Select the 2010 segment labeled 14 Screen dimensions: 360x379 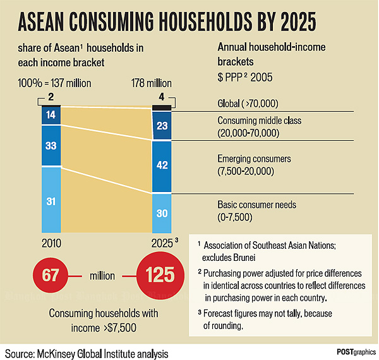pyautogui.click(x=51, y=115)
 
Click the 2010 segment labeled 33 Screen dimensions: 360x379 pyautogui.click(x=51, y=145)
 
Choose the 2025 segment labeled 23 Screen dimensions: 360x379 pyautogui.click(x=162, y=126)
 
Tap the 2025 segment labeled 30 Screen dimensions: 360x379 pyautogui.click(x=162, y=213)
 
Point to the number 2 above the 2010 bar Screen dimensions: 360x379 pyautogui.click(x=51, y=97)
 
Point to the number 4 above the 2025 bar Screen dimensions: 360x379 pyautogui.click(x=162, y=97)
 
